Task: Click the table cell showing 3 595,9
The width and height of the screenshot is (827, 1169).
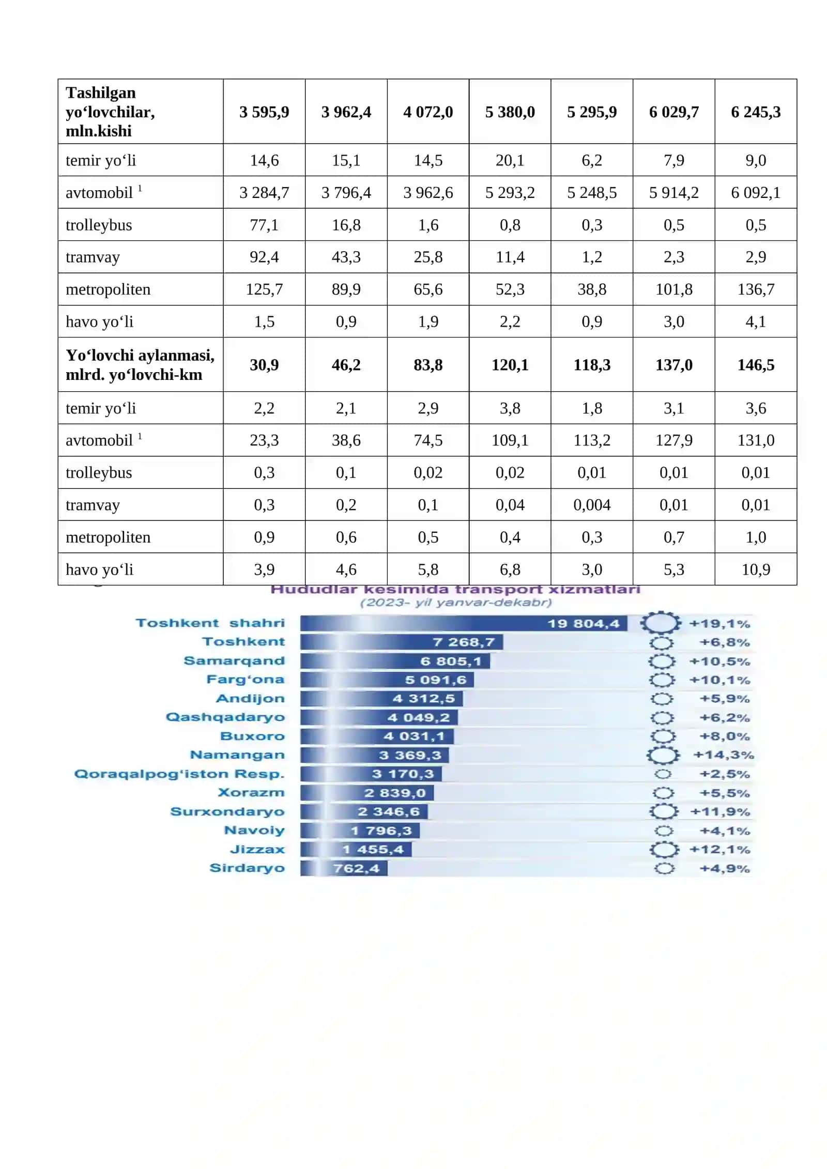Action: tap(264, 112)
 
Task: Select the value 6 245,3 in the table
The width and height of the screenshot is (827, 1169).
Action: tap(756, 112)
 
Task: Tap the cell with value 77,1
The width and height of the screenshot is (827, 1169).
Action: tap(264, 225)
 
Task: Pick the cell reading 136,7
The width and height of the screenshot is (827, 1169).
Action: tap(756, 289)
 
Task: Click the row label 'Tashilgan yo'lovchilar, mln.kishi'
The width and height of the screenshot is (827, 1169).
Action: tap(110, 112)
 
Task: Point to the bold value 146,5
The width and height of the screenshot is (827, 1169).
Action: tap(756, 365)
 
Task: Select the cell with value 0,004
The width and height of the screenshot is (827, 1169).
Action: tap(592, 505)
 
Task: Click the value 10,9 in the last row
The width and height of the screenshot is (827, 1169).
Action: tap(756, 570)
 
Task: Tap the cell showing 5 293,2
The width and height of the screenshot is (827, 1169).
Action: tap(510, 193)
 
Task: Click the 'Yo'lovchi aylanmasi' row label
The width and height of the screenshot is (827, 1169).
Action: tap(140, 365)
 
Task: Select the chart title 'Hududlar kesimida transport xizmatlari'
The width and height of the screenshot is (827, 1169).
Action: tap(455, 590)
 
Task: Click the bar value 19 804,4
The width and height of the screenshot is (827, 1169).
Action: tap(583, 624)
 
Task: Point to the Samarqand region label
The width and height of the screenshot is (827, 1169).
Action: tap(234, 661)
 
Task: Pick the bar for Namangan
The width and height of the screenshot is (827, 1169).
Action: tap(375, 755)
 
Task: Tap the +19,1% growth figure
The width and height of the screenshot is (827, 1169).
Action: tap(719, 624)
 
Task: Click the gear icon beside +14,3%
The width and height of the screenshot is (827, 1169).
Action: tap(663, 755)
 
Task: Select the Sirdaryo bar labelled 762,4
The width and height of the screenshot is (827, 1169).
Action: tap(344, 868)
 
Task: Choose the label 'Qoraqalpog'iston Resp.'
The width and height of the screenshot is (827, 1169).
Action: tap(179, 774)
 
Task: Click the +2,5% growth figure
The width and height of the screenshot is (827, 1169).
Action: tap(725, 774)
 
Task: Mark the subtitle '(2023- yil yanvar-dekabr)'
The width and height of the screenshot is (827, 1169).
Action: tap(456, 603)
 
